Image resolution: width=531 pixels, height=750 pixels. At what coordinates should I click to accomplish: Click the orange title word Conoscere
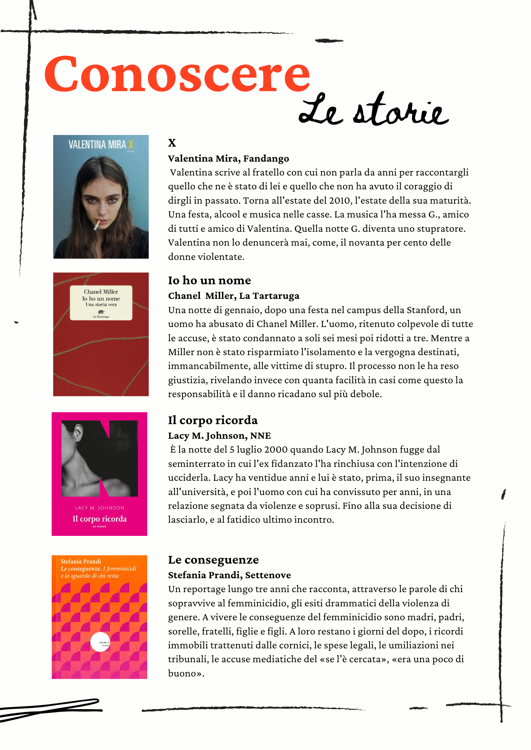click(176, 74)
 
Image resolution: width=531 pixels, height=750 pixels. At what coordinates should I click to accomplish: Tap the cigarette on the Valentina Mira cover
click(97, 225)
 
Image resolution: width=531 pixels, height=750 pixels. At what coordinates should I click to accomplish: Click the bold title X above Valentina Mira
click(172, 143)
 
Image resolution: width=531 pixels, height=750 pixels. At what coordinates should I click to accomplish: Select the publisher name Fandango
click(266, 159)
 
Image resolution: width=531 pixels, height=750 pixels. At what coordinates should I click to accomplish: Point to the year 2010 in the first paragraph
click(340, 201)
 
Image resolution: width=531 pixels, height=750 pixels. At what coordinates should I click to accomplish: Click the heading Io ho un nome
click(209, 280)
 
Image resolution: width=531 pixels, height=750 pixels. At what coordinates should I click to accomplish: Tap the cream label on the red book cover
click(101, 303)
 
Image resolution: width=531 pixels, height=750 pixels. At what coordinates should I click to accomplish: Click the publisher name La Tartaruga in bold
click(269, 296)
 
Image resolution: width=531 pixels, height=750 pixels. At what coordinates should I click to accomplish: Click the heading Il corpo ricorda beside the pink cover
click(213, 420)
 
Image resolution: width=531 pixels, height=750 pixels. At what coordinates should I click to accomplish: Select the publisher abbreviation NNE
click(260, 436)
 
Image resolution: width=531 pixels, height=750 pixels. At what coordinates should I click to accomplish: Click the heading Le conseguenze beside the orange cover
click(213, 560)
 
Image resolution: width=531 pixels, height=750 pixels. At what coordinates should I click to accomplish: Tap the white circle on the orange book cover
click(100, 642)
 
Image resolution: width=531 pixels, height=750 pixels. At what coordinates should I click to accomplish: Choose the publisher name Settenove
click(268, 575)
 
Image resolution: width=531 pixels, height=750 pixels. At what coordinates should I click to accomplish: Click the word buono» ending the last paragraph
click(186, 673)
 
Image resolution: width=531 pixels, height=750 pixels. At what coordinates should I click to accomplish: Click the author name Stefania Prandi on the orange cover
click(81, 561)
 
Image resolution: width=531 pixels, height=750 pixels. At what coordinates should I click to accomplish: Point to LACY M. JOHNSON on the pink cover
click(100, 508)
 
